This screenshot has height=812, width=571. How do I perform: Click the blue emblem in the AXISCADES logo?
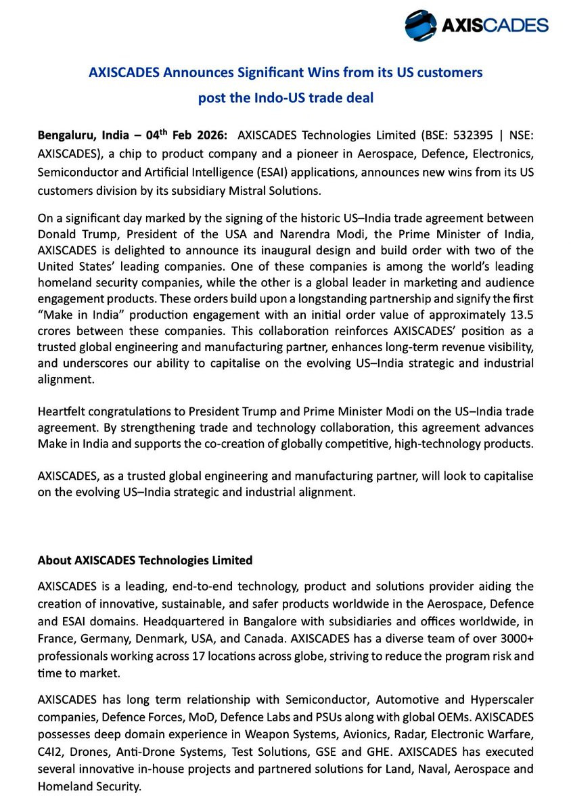click(x=421, y=26)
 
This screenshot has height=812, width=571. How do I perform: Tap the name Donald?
click(x=60, y=234)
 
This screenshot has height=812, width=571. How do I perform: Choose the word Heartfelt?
click(x=65, y=412)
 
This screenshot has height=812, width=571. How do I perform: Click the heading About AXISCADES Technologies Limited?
click(x=145, y=560)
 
